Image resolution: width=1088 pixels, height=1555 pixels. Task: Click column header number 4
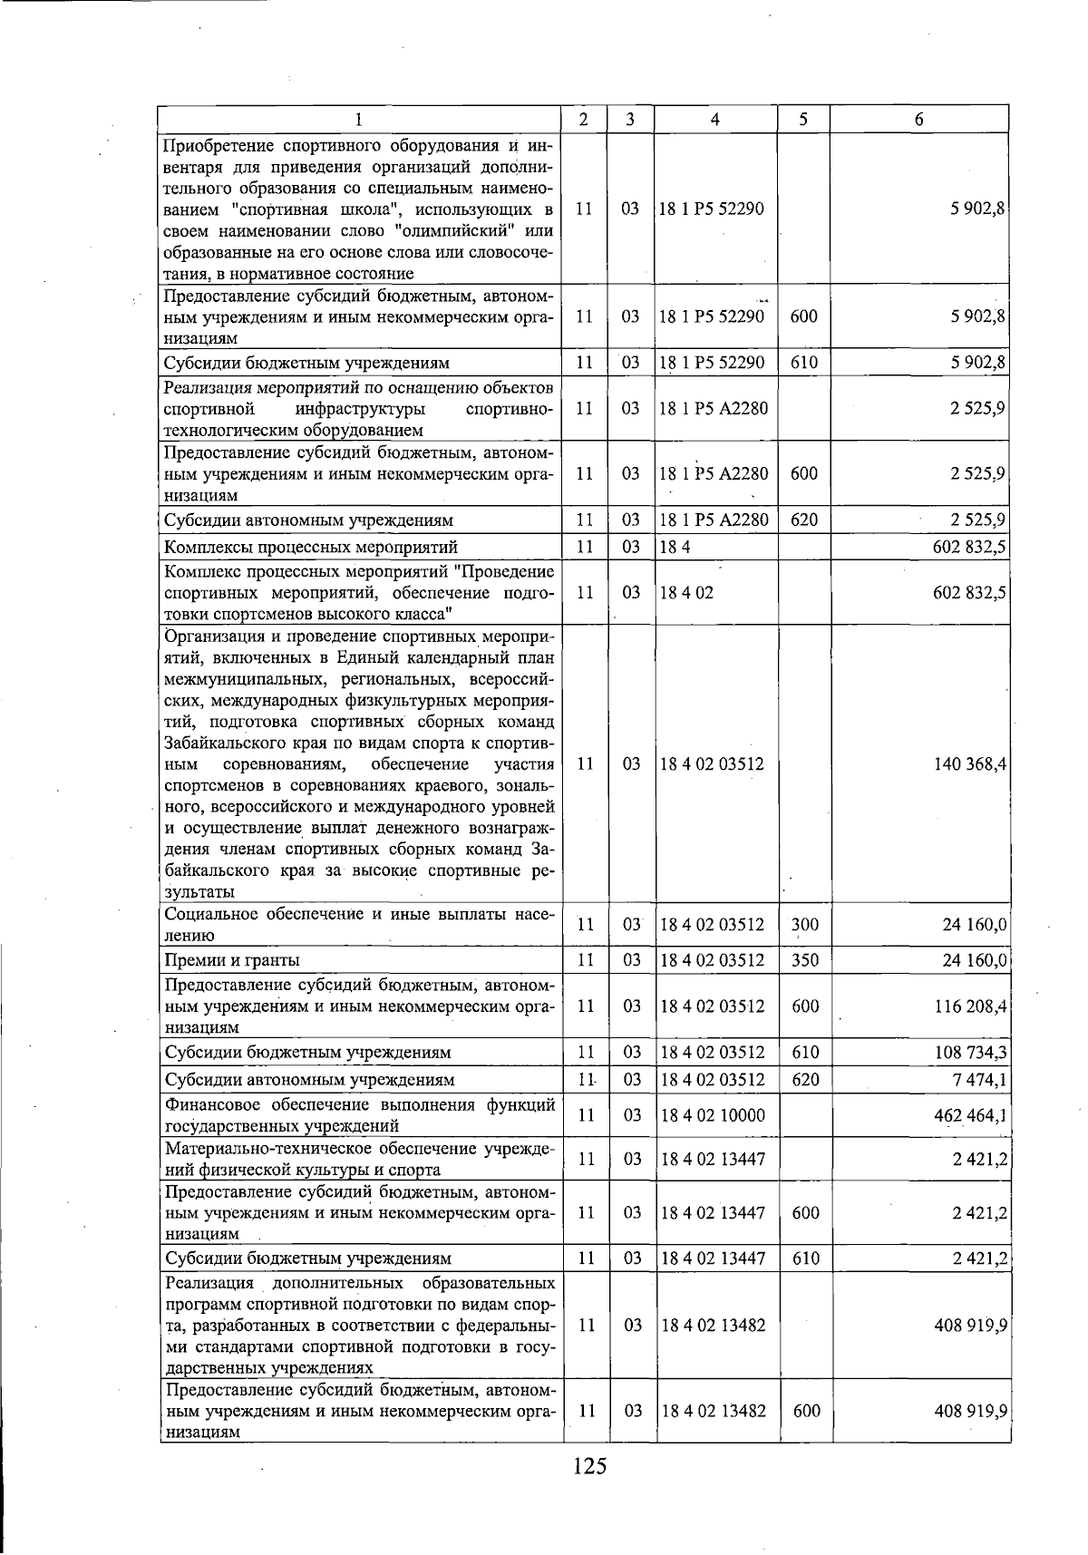point(715,120)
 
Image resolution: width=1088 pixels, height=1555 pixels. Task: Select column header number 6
point(918,120)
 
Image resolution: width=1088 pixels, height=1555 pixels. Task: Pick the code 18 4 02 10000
point(713,1115)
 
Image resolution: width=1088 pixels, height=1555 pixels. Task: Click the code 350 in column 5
point(805,960)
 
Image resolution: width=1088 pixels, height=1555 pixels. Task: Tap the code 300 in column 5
point(805,926)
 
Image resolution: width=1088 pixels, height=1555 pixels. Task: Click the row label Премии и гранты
point(232,960)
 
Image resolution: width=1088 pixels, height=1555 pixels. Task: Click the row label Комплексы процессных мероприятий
point(310,547)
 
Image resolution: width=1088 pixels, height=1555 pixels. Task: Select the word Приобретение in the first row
point(218,145)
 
